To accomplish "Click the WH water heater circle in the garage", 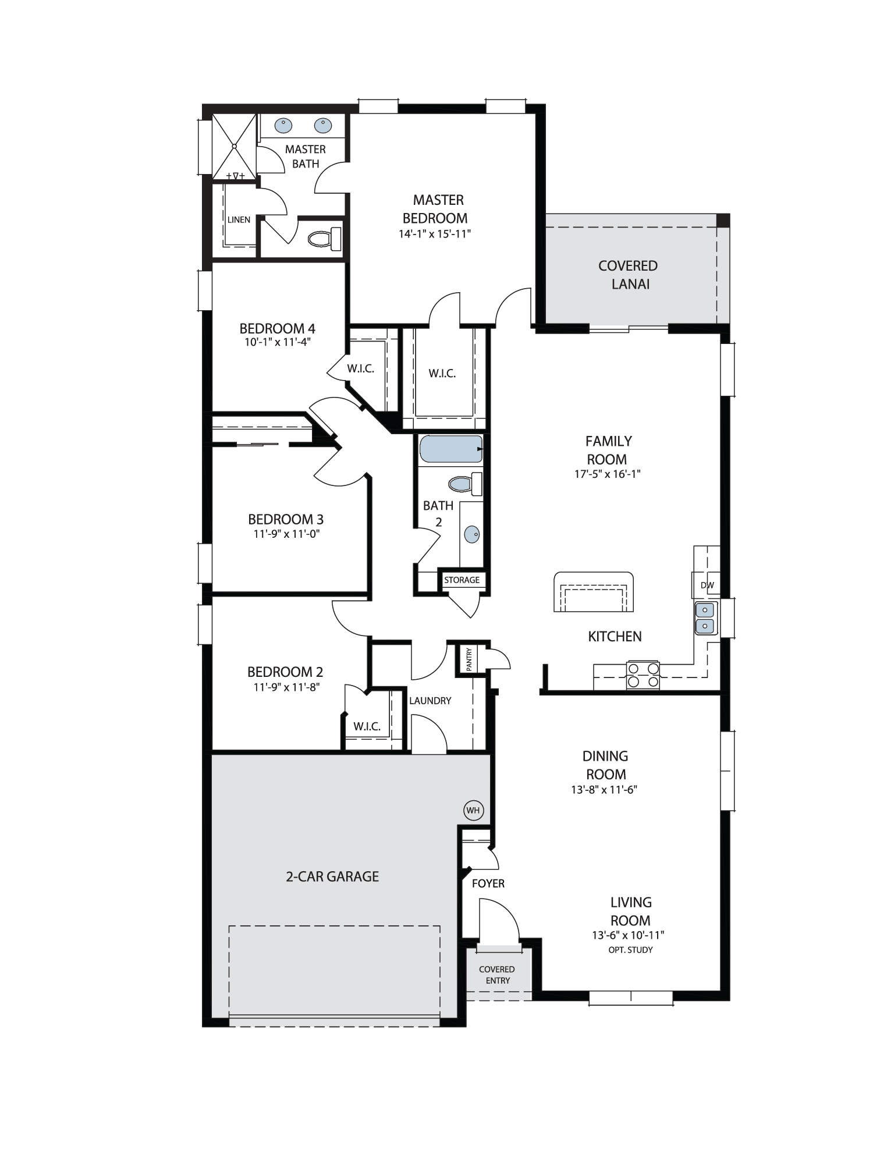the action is pos(473,810).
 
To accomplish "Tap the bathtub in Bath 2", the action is pos(451,449).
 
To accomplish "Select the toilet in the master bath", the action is pos(324,239).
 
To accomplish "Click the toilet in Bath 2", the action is pos(465,484).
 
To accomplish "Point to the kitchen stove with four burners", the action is pos(643,675).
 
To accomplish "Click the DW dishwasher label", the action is pos(707,585).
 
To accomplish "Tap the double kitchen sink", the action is pos(705,618).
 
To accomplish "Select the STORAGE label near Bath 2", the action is pos(462,580).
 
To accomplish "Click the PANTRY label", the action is pos(469,659).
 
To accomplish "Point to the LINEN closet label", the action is pos(239,219).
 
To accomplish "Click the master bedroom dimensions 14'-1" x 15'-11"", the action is pos(435,234).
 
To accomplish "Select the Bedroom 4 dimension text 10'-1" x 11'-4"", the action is pos(278,342).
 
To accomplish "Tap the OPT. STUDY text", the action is pos(630,950).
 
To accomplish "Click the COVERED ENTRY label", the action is pos(497,975).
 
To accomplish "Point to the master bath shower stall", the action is pos(234,147).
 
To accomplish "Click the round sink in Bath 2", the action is pos(472,534).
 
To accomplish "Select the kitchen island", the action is pos(593,592).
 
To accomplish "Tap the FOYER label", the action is pos(488,883).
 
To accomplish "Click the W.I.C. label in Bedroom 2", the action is pos(367,726).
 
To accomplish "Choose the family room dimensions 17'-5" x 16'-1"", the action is pos(607,474).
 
